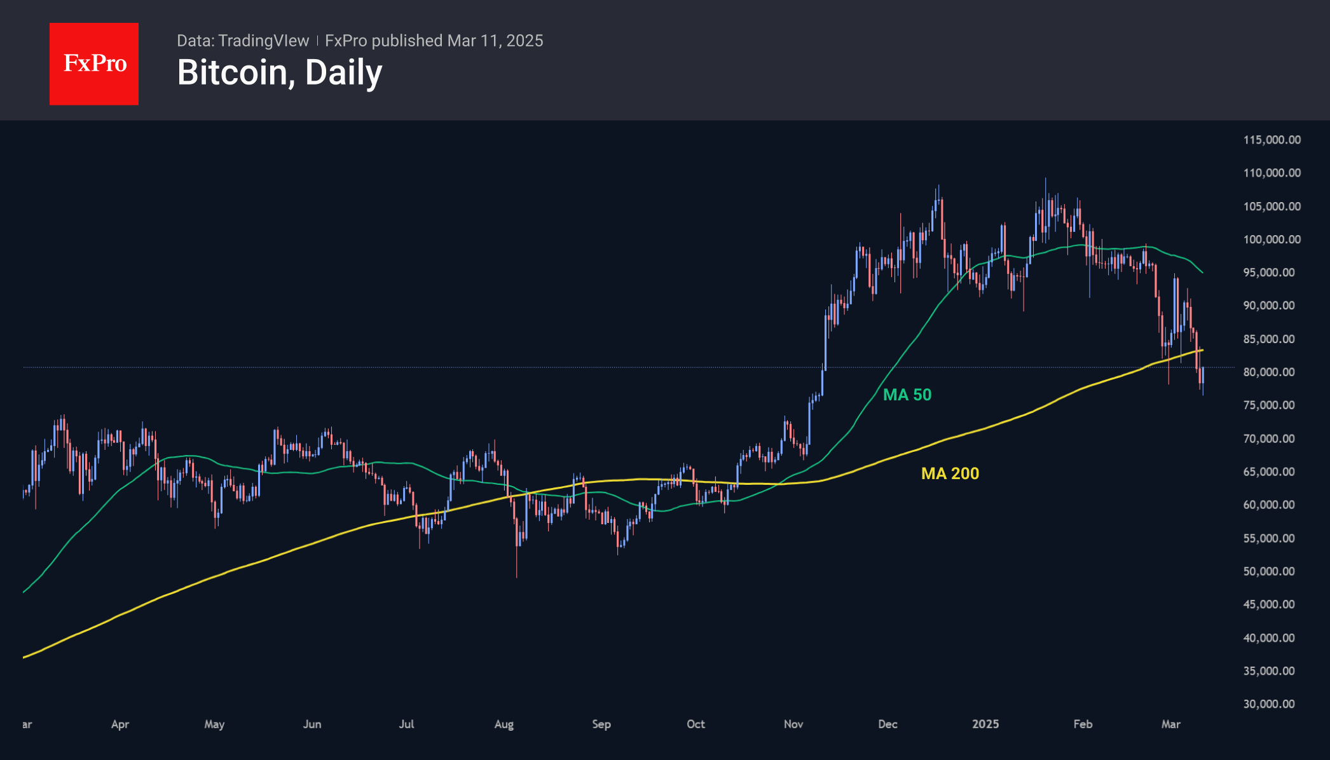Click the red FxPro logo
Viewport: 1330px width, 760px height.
point(94,64)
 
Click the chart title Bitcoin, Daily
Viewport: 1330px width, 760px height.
point(280,72)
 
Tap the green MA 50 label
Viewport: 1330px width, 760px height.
point(907,395)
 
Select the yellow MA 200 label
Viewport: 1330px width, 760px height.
point(950,473)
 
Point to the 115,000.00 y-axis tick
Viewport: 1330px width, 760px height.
point(1272,140)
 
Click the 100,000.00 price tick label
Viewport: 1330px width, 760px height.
point(1272,240)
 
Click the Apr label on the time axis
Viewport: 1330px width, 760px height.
point(120,724)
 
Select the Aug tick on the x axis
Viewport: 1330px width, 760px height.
point(504,724)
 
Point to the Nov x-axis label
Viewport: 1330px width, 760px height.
point(793,724)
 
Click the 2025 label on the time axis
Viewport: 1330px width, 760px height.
point(985,724)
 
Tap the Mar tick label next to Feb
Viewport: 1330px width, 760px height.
point(1170,724)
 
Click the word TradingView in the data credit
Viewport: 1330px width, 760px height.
point(263,41)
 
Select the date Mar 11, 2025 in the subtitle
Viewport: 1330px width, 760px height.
point(495,41)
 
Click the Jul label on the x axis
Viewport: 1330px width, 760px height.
point(406,724)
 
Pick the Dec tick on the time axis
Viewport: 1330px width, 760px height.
point(888,724)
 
